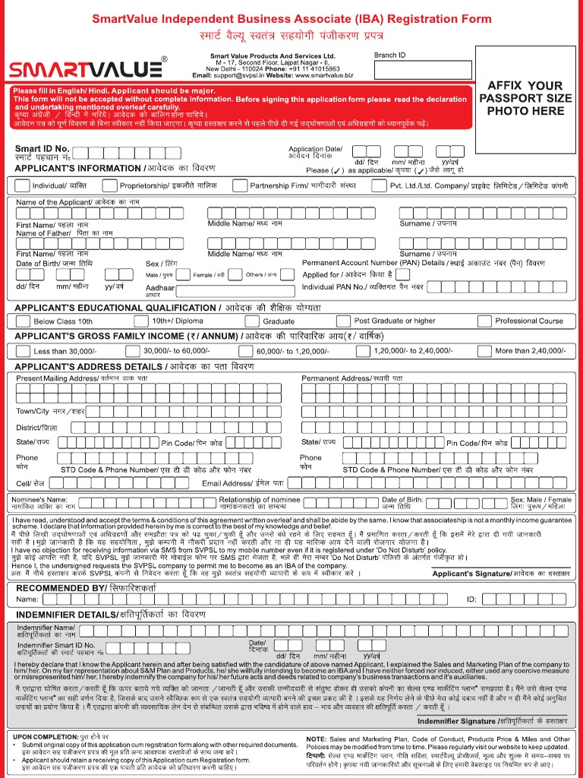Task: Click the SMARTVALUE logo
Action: (x=86, y=70)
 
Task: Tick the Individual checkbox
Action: (x=22, y=185)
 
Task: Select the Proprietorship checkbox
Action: (x=109, y=185)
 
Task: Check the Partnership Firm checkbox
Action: (x=240, y=185)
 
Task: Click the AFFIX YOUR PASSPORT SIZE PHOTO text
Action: (x=525, y=98)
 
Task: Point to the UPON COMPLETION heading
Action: (x=46, y=737)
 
